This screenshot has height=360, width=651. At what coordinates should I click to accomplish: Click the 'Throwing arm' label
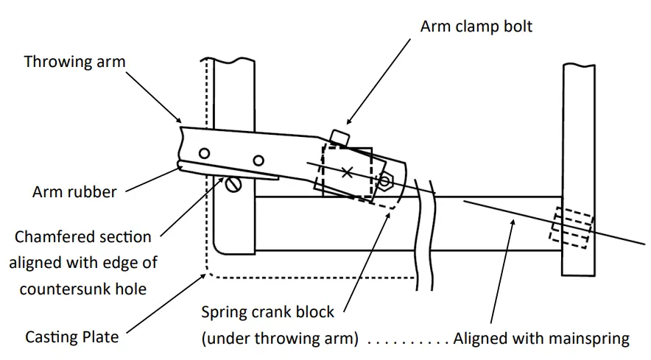(74, 61)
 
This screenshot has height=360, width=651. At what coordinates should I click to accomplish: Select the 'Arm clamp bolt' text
(476, 27)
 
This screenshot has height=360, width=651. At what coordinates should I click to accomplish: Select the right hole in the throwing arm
(258, 160)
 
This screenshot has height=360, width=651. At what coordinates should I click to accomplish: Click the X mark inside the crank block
(347, 172)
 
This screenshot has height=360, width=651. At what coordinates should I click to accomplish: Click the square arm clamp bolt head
(339, 138)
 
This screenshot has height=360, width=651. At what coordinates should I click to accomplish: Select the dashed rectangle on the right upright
(573, 227)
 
